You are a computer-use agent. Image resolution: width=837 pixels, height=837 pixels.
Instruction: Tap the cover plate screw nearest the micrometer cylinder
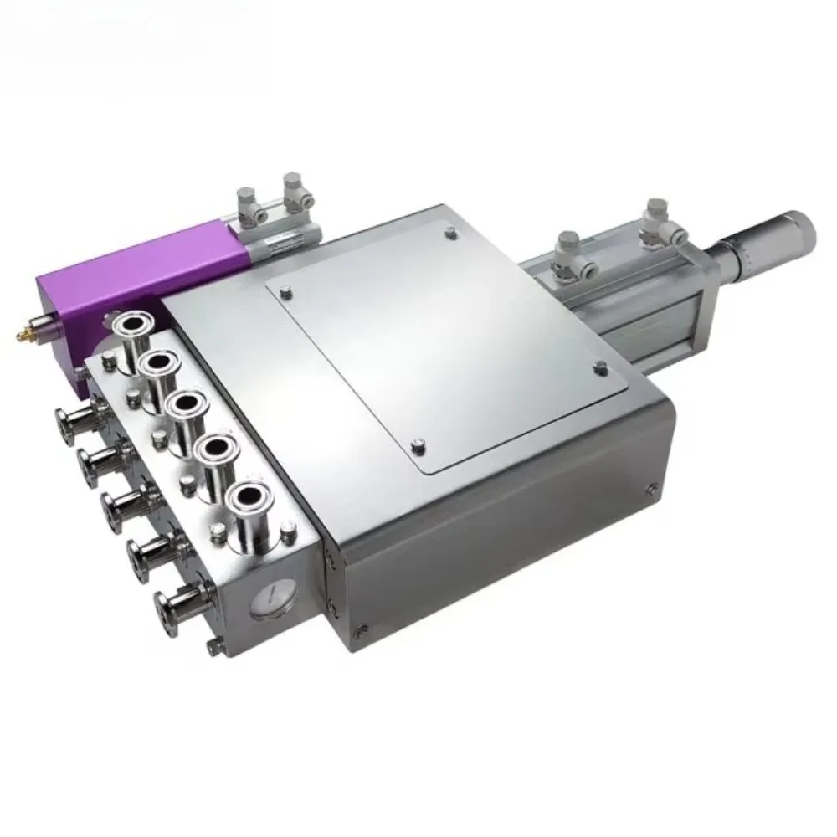(x=599, y=365)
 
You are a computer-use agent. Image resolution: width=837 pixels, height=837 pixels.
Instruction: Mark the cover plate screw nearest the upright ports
(x=288, y=292)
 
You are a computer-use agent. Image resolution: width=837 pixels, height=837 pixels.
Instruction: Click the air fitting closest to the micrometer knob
(x=655, y=214)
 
